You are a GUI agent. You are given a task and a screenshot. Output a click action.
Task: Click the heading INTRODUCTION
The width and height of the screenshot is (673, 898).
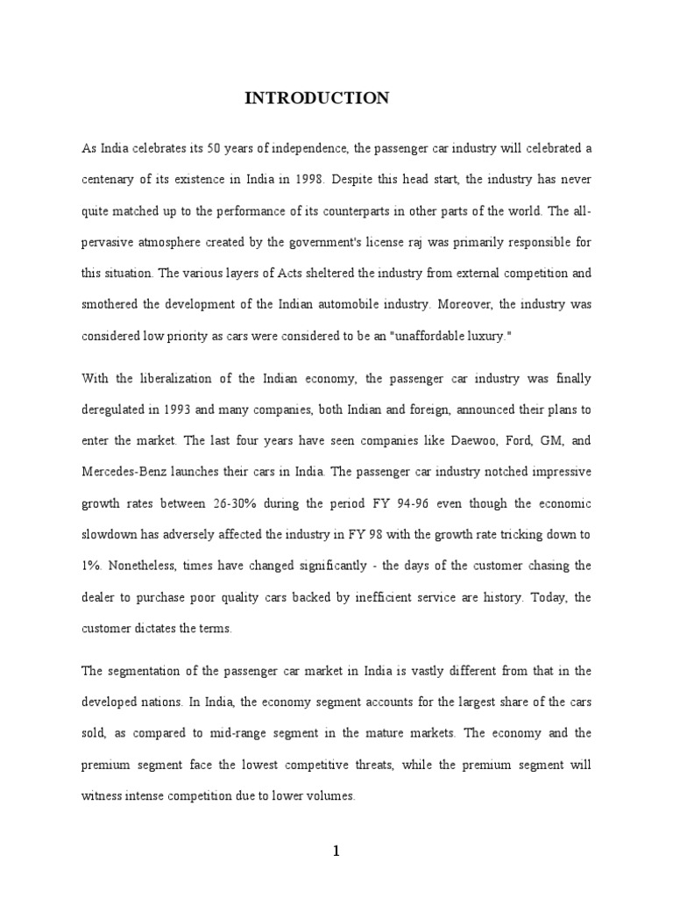click(316, 98)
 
